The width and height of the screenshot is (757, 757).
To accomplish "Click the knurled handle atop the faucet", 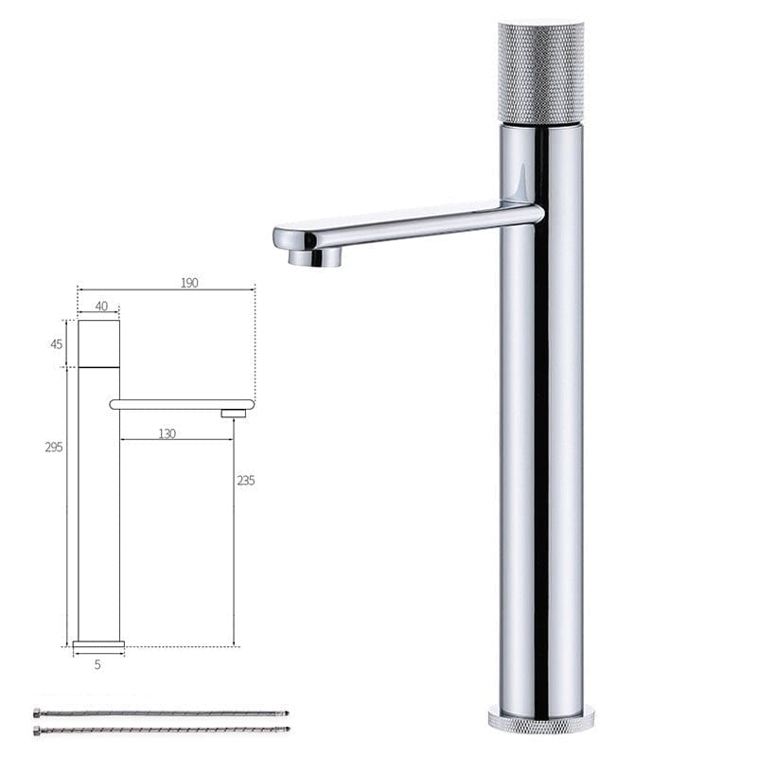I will coord(540,72).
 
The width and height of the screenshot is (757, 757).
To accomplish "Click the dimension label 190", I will coord(189,283).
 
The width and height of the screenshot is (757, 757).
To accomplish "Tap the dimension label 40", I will coord(101,306).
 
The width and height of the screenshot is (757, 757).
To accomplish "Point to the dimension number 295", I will coord(54,447).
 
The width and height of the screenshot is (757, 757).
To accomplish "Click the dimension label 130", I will coord(167,433).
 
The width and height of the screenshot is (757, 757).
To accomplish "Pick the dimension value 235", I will coord(245,481).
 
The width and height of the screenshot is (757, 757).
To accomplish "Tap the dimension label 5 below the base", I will coord(97,664).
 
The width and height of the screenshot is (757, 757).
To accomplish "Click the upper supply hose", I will coord(161,713).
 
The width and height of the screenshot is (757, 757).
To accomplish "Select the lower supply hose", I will coord(161,731).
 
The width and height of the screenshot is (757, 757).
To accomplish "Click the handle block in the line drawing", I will coord(98,343).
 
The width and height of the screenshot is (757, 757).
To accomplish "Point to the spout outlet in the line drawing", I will coord(233,414).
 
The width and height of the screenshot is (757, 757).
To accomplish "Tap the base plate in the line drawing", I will coord(98,644).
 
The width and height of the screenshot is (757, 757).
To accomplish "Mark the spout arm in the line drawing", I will coord(180,404).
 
